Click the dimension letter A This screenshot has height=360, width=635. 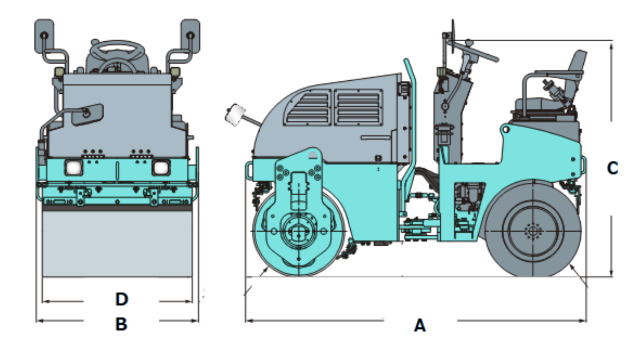pyautogui.click(x=419, y=325)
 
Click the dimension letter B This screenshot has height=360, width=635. pyautogui.click(x=121, y=324)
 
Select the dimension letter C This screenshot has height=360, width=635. pyautogui.click(x=613, y=168)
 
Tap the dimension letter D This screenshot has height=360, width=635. pyautogui.click(x=122, y=299)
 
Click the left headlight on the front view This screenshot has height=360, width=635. pyautogui.click(x=74, y=168)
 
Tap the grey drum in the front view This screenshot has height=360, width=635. pyautogui.click(x=117, y=242)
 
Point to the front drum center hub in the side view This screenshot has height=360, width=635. pyautogui.click(x=296, y=232)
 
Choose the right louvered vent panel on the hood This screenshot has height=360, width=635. pyautogui.click(x=358, y=107)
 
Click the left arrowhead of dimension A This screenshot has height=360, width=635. pyautogui.click(x=248, y=320)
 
